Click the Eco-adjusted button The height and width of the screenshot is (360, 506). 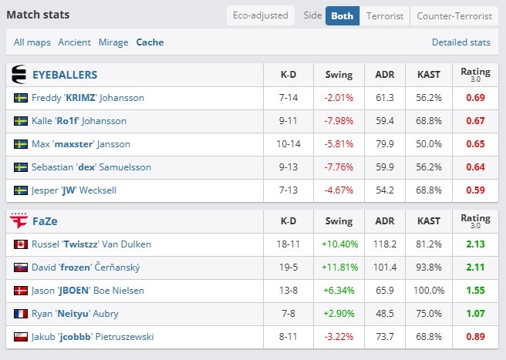[261, 15]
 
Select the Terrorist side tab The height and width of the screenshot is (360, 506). [385, 16]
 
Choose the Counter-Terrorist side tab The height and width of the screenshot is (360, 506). [454, 16]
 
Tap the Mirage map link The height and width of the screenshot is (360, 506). [113, 42]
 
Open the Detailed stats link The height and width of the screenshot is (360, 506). [461, 42]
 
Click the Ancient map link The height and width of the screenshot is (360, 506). [74, 42]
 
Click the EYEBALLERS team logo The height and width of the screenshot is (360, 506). [19, 75]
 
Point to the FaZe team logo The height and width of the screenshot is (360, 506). [19, 221]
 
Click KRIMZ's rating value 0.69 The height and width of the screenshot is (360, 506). [475, 98]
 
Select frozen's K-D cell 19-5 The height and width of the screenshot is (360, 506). [288, 267]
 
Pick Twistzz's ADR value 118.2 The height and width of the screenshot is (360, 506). [385, 244]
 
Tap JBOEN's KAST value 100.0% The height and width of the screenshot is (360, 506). [429, 291]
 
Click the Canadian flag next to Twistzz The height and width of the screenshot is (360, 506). [21, 244]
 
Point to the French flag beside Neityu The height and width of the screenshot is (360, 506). [21, 314]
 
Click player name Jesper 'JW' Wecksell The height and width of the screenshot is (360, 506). [74, 190]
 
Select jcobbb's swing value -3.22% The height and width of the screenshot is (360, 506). [339, 337]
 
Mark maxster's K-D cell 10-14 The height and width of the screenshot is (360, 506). [288, 144]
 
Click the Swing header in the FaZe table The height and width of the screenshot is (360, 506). [339, 221]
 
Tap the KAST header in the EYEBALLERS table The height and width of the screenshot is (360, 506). [429, 75]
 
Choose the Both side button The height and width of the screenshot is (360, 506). [342, 16]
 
